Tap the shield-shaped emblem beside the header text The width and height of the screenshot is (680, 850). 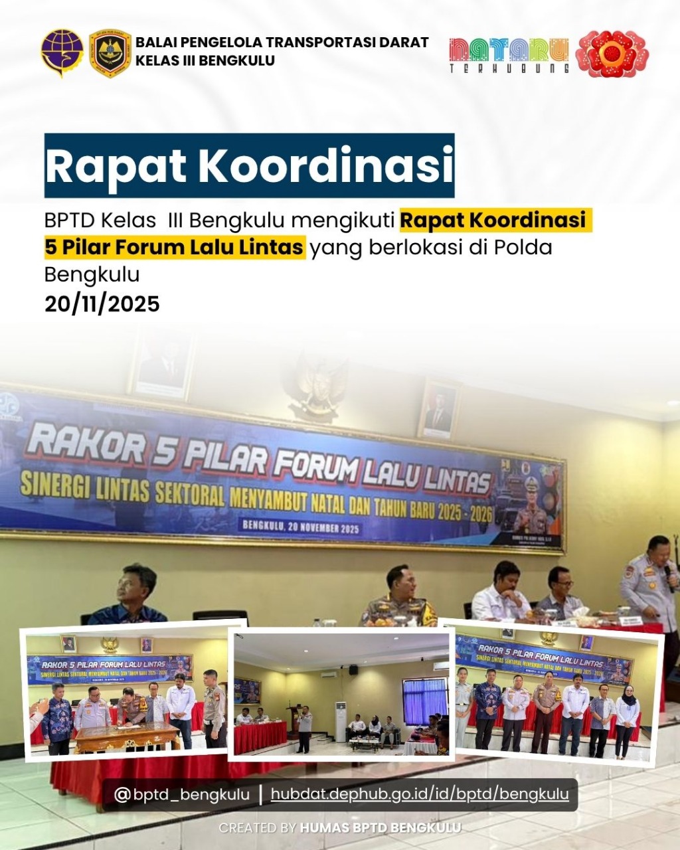(x=110, y=53)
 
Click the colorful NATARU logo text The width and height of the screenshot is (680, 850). (x=509, y=53)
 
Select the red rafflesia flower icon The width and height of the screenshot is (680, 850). (x=611, y=53)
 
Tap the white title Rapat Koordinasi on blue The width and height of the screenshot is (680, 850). (x=249, y=165)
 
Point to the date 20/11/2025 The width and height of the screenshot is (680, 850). (x=102, y=303)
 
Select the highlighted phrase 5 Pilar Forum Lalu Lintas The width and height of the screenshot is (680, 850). (x=175, y=247)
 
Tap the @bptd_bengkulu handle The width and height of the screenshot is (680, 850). (x=182, y=794)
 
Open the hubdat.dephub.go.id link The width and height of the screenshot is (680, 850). (x=420, y=794)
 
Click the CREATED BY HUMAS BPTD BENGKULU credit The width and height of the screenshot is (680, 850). (x=339, y=828)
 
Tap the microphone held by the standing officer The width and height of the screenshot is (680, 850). (x=669, y=578)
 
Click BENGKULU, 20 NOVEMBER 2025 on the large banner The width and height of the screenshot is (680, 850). (x=301, y=528)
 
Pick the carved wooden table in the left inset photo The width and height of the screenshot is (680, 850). (x=127, y=736)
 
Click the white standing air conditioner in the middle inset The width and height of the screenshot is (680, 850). (x=341, y=721)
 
